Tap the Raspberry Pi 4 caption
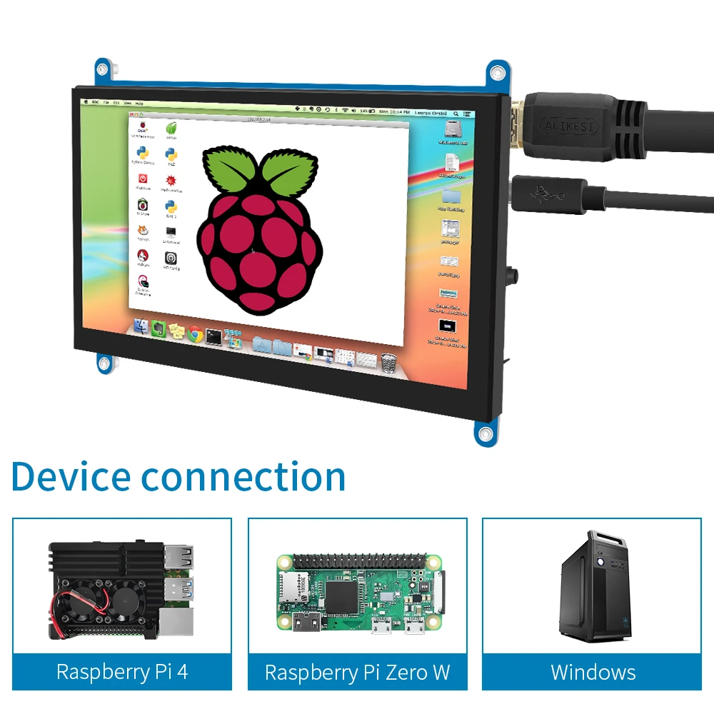[122, 672]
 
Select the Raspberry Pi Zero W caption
[357, 672]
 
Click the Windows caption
[593, 672]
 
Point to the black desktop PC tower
[594, 587]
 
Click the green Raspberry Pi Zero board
[357, 592]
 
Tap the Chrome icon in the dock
[195, 333]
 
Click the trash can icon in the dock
[388, 361]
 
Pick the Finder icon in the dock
[141, 327]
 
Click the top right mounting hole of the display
[497, 73]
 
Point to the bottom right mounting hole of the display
[486, 434]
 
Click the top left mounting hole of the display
[104, 69]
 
